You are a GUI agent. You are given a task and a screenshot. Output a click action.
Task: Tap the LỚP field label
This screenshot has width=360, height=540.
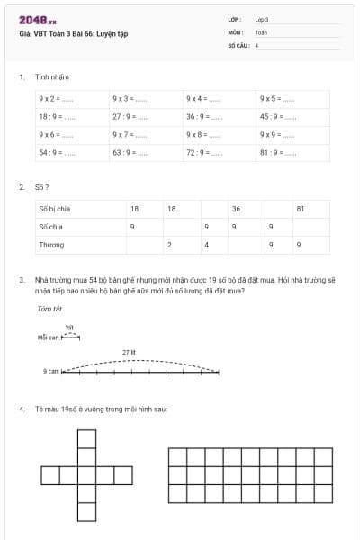pos(236,19)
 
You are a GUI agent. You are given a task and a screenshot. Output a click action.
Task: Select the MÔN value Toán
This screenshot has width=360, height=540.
pos(261,31)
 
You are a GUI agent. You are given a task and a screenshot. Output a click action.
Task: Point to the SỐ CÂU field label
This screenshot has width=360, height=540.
pos(238,44)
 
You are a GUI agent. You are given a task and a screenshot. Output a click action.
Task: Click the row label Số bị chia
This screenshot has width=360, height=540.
pos(55,209)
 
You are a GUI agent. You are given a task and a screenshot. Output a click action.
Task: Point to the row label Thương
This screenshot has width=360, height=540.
pos(51,244)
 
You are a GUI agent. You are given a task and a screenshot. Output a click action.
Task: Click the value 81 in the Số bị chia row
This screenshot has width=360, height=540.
pos(301,209)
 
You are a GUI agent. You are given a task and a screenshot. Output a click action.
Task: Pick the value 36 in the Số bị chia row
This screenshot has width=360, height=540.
pos(236,209)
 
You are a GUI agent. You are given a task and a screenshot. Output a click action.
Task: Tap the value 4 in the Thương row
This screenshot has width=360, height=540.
pos(206,244)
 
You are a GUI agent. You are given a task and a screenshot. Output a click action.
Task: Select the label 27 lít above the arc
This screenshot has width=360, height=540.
pos(130,352)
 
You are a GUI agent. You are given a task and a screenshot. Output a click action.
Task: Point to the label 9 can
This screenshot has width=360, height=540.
pos(50,371)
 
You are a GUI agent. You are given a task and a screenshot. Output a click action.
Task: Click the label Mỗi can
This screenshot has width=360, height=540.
pos(48,337)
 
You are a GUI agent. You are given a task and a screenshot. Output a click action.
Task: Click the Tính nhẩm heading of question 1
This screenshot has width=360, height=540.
pos(52,77)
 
